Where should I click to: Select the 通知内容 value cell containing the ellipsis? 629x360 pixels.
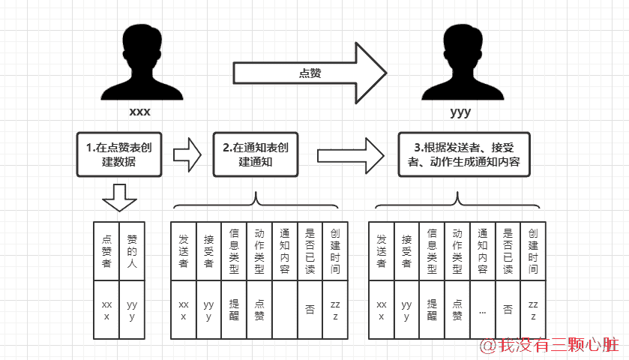tap(482, 310)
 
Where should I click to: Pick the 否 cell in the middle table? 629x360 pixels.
tap(310, 310)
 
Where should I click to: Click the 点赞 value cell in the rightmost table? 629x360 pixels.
tap(457, 310)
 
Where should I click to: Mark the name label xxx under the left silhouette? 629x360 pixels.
tap(139, 112)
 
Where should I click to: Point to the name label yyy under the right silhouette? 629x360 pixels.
tap(460, 112)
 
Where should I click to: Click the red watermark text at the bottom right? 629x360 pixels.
tap(550, 345)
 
